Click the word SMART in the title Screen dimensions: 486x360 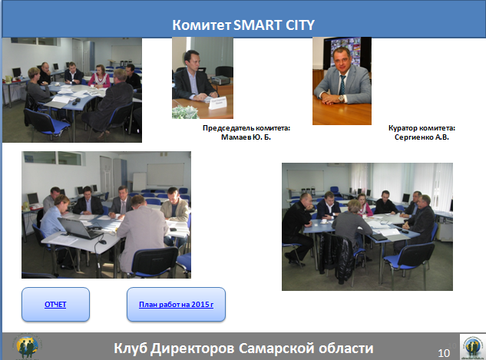tap(257, 25)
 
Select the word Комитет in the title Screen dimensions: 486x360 tap(201, 25)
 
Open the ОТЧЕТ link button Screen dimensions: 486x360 tap(55, 304)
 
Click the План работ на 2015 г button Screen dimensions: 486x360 tap(176, 304)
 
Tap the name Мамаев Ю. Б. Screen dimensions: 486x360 tap(246, 137)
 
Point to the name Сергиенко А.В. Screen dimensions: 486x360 tap(422, 137)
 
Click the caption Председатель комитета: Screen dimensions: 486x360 tap(246, 128)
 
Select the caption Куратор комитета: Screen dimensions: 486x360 tap(422, 128)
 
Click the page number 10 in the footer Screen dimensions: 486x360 tap(444, 353)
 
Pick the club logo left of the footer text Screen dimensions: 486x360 tap(28, 346)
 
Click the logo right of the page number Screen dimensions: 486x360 tap(473, 346)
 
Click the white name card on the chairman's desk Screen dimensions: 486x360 tap(218, 103)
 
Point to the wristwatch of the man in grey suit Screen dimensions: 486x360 tap(341, 98)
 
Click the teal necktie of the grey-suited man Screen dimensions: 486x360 tap(342, 85)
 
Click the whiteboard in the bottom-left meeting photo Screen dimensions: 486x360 tap(166, 174)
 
